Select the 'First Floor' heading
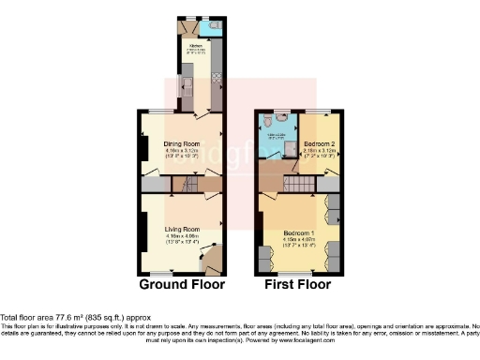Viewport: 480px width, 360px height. click(299, 283)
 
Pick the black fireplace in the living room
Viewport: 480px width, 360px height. click(142, 230)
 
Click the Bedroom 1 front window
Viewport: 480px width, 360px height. click(298, 271)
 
